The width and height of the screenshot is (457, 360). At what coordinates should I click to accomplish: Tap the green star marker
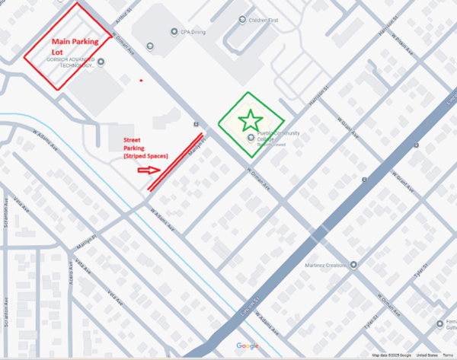point(249,120)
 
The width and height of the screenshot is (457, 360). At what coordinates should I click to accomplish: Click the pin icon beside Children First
point(242,20)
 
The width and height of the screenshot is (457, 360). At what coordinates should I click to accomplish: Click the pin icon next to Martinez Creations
point(353,265)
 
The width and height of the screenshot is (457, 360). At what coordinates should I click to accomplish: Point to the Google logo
point(248,346)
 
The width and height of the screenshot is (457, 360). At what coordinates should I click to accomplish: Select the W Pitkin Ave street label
point(402,46)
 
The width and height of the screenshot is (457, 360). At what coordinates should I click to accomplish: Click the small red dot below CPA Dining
point(141,79)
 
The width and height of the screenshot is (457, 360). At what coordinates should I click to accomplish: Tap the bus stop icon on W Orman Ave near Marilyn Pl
point(197,123)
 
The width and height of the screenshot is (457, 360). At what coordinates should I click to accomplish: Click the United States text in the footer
point(427,355)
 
